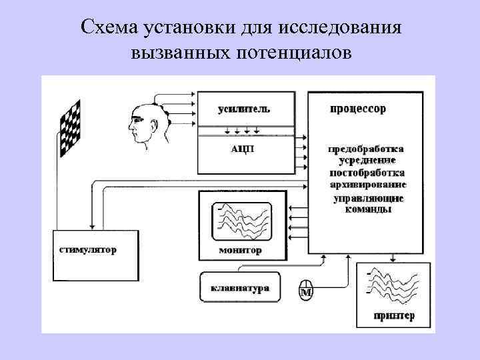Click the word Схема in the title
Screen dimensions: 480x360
pyautogui.click(x=105, y=28)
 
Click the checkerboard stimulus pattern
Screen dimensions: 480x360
pyautogui.click(x=71, y=128)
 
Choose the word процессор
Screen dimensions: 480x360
pyautogui.click(x=357, y=109)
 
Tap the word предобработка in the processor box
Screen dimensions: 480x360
pyautogui.click(x=365, y=149)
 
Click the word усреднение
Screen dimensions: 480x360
pyautogui.click(x=365, y=160)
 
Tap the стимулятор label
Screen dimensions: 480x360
pyautogui.click(x=87, y=251)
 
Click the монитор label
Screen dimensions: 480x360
pyautogui.click(x=241, y=251)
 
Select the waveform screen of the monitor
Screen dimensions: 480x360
pyautogui.click(x=242, y=221)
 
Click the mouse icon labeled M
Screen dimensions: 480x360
pyautogui.click(x=306, y=290)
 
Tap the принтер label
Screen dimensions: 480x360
pyautogui.click(x=394, y=316)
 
